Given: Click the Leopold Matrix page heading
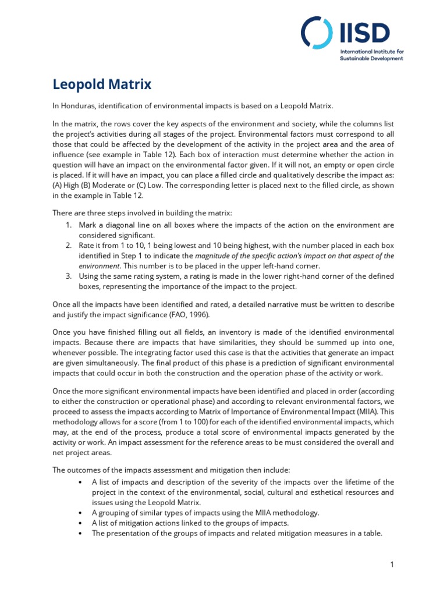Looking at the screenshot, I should click(102, 85).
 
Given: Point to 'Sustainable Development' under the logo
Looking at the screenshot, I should click(371, 59).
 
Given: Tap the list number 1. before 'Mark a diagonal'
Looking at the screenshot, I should click(68, 225).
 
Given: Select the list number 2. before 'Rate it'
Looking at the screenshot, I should click(68, 246).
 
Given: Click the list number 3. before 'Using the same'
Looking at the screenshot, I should click(68, 276).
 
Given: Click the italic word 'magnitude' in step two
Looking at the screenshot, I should click(213, 256).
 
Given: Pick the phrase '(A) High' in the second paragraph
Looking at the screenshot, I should click(66, 185).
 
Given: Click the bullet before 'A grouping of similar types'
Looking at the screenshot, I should click(79, 512).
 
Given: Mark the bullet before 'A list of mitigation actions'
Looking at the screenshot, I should click(79, 523).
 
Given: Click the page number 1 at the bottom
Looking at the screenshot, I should click(393, 565).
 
